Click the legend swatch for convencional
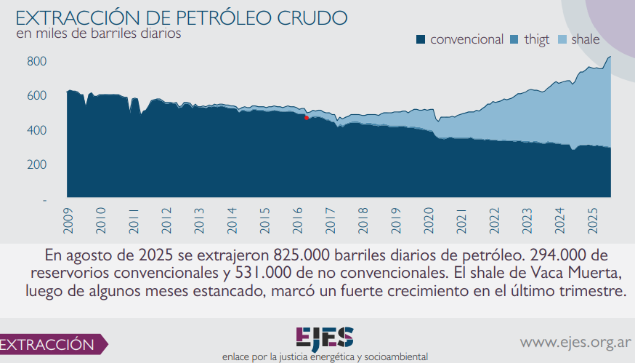[x=421, y=39]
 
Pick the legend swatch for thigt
[x=515, y=39]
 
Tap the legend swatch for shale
[x=562, y=39]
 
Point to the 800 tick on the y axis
[x=37, y=62]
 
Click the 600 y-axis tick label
[x=37, y=96]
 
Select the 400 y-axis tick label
[x=37, y=130]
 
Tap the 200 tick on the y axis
[x=37, y=164]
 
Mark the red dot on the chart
[x=307, y=118]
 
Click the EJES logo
[x=325, y=338]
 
